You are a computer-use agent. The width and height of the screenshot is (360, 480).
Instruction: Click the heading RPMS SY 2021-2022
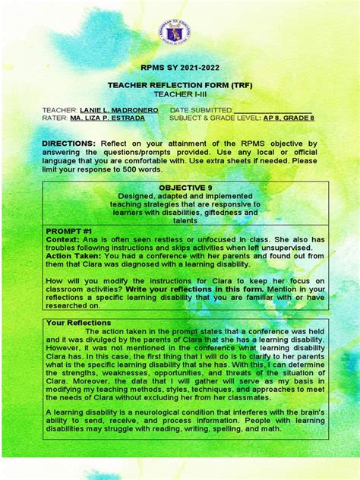(x=179, y=68)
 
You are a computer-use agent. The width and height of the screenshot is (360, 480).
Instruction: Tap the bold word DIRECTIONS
(x=68, y=143)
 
